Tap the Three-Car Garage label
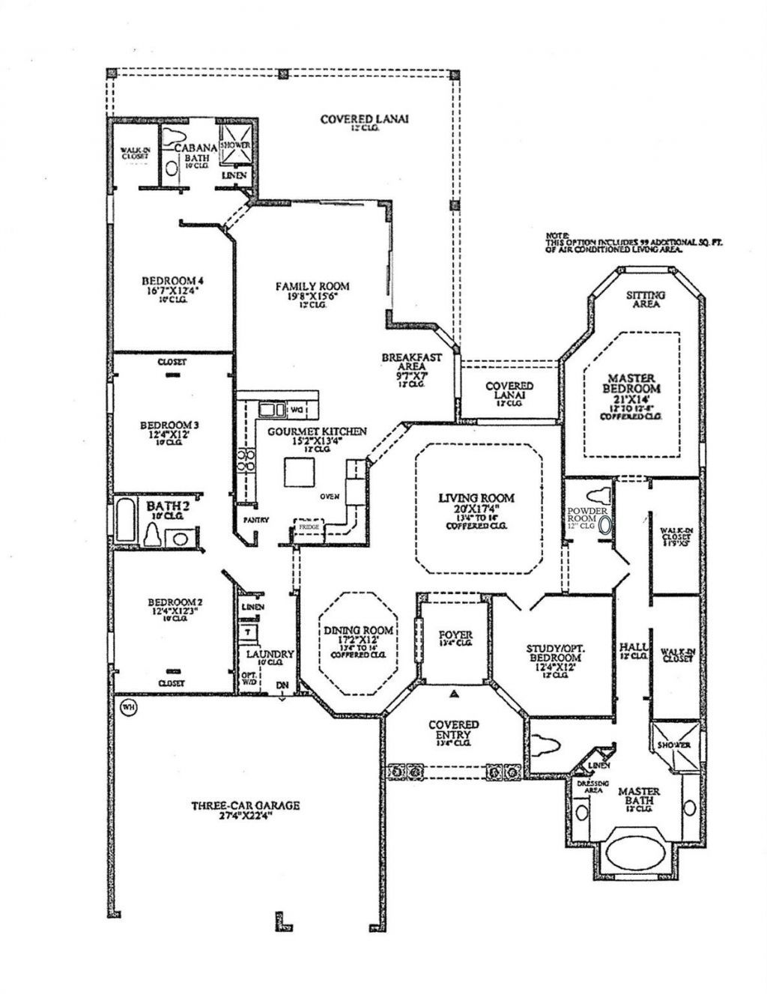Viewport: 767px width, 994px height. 245,806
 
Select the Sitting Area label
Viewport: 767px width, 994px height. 646,300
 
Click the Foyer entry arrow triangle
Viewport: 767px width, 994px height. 453,694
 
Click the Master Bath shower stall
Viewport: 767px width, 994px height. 674,746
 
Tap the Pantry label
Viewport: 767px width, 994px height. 250,520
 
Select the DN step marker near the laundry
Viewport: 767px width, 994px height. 282,685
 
